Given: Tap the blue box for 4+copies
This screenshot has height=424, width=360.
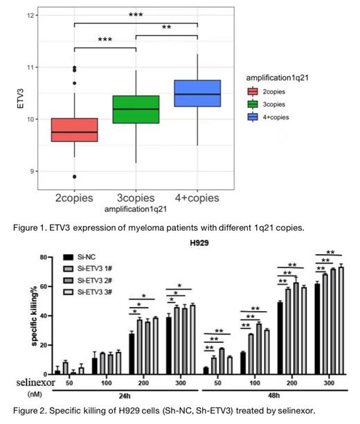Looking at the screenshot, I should click(197, 93).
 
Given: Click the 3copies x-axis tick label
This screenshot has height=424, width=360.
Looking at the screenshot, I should click(136, 198).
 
